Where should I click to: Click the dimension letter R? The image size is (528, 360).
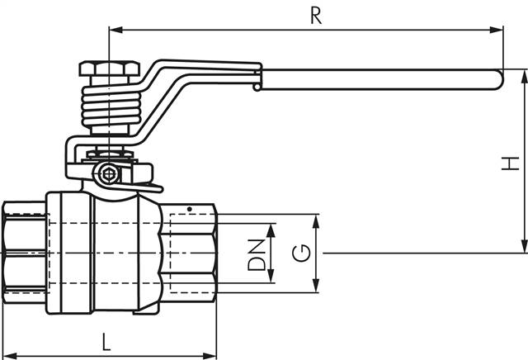tap(315, 15)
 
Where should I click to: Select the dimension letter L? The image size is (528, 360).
tap(106, 341)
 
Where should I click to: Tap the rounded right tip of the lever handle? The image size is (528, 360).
tap(497, 79)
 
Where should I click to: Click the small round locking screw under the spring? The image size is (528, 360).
tap(108, 175)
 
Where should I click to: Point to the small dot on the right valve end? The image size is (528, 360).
tap(189, 208)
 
